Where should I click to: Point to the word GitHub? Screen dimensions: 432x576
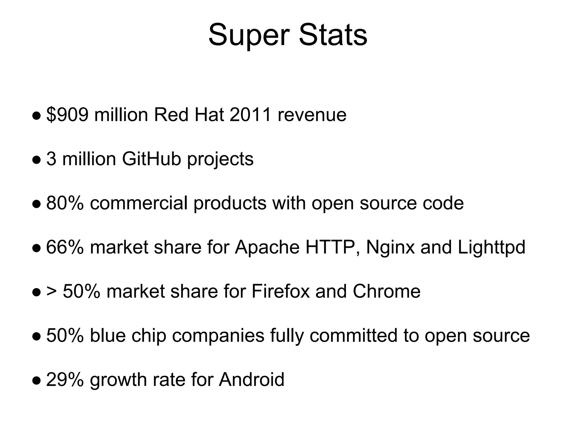[x=151, y=159]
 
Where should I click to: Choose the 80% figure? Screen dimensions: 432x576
[x=65, y=203]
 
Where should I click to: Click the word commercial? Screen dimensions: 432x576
[x=139, y=203]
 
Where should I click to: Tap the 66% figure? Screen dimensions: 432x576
[x=65, y=247]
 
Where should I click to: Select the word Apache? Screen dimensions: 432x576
[x=267, y=247]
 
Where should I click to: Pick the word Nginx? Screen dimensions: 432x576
[x=390, y=247]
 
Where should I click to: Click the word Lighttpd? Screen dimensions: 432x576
[x=491, y=247]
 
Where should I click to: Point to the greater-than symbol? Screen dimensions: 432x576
[x=51, y=291]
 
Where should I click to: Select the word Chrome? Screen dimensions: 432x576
[x=386, y=291]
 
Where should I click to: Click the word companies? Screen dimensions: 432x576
[x=218, y=336]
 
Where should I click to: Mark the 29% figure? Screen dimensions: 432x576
[x=65, y=380]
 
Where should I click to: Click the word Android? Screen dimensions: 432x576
[x=251, y=380]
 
